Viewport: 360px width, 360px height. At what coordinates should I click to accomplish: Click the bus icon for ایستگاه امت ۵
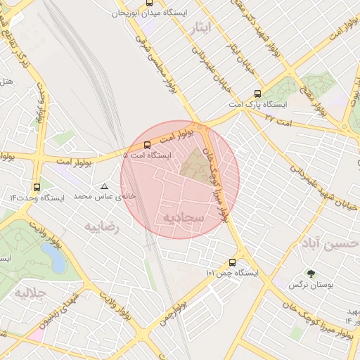(x=146, y=145)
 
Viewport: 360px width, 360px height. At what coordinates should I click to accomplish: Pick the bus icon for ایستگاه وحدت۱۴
(x=37, y=187)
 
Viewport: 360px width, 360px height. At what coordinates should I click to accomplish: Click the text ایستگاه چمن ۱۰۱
(x=232, y=272)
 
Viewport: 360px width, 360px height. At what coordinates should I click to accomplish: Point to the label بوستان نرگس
(x=309, y=285)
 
